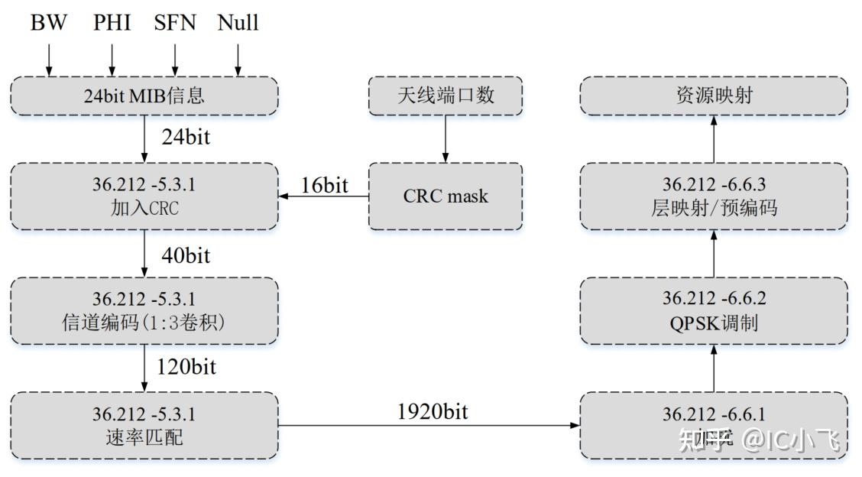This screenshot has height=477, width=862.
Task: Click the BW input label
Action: coord(49,22)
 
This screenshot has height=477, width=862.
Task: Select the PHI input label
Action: coord(112,22)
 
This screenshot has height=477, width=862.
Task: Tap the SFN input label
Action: coord(175,22)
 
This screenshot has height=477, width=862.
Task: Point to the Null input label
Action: coord(238,22)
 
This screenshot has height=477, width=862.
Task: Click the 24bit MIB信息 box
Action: coord(144,96)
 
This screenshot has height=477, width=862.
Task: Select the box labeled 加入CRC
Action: coord(144,196)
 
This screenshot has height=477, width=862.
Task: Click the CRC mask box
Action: coord(446,196)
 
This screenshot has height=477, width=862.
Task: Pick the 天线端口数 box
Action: coord(446,96)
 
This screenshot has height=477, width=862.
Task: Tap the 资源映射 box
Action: coord(714,96)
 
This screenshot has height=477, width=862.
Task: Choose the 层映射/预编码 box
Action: coord(714,196)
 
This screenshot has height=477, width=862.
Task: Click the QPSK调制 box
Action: coord(714,311)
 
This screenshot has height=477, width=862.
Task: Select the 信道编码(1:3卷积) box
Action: coord(144,311)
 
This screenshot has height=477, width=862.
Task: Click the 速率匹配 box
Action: coord(144,426)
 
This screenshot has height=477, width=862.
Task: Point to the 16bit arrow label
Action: coord(325,185)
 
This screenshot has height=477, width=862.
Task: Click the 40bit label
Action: coord(186,255)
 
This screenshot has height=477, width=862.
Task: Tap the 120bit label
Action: coord(187,367)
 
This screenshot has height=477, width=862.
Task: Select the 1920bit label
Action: coord(433,412)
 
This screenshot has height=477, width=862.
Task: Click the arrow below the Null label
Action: coord(238,59)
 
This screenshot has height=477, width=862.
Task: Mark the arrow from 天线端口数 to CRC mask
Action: coord(446,139)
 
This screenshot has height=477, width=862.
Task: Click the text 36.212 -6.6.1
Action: coord(714,414)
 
